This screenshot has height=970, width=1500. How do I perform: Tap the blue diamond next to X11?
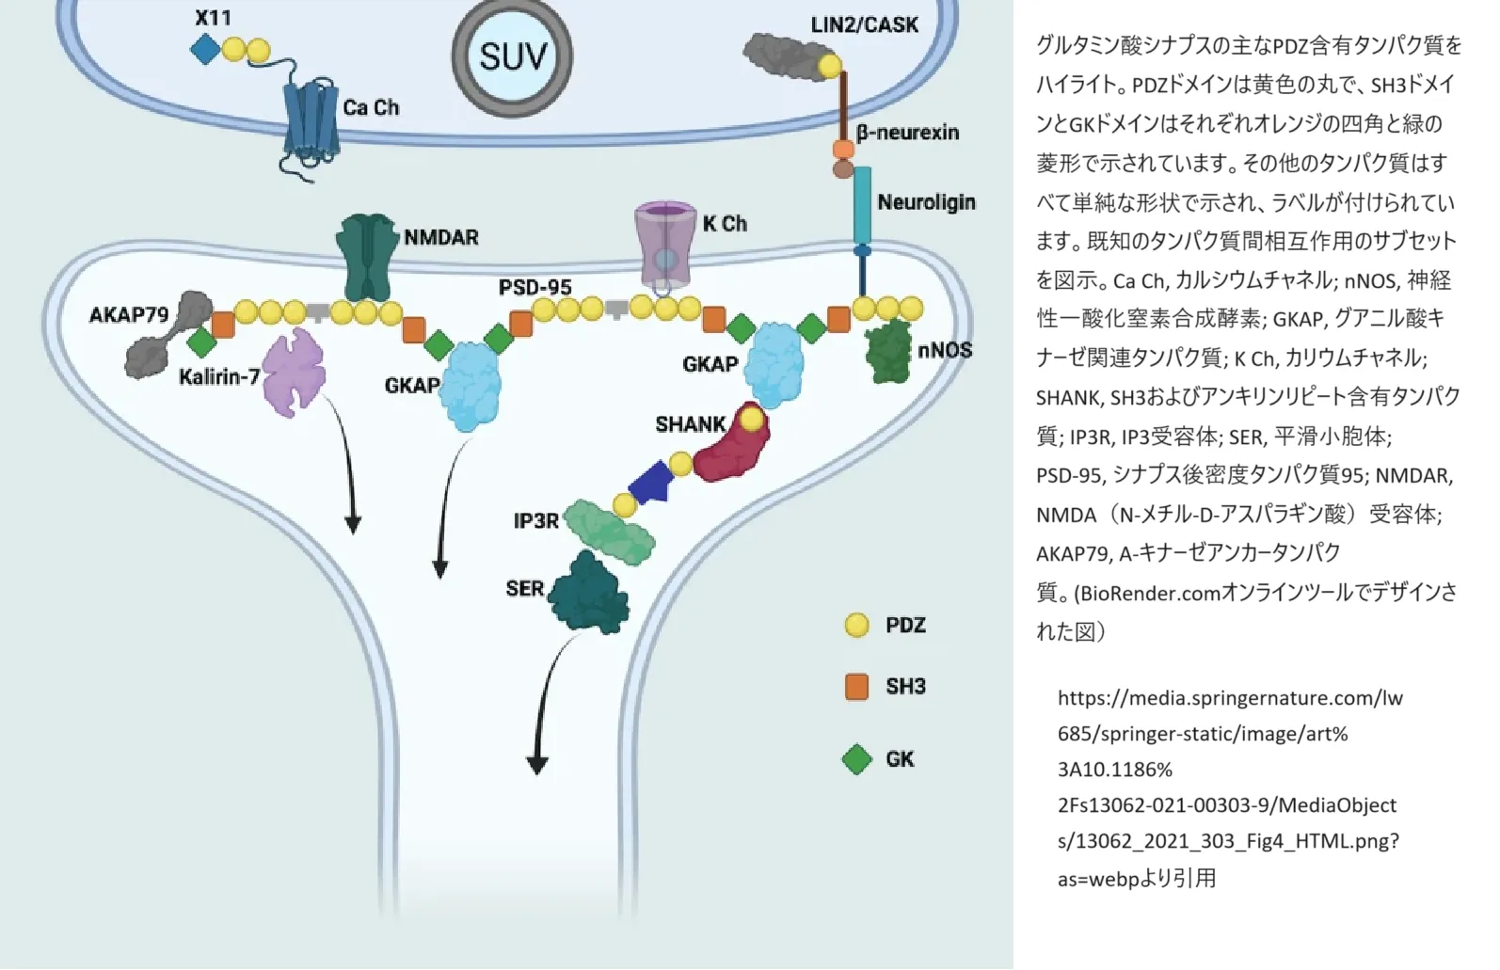[x=205, y=50]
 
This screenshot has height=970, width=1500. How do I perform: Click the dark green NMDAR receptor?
[x=365, y=258]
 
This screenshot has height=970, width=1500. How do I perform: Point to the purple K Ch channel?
[x=665, y=245]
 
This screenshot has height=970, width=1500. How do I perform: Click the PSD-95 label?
[x=535, y=288]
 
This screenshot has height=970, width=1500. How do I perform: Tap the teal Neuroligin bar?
[x=863, y=205]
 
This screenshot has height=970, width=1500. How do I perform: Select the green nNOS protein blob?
[x=890, y=350]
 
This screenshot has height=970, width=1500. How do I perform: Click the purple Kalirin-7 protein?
[x=294, y=373]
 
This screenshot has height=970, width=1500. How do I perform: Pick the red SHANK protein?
[x=732, y=443]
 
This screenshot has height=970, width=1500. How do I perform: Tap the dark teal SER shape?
[x=589, y=593]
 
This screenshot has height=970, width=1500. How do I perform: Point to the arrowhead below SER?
[x=537, y=764]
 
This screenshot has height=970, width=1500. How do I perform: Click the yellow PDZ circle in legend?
[x=856, y=625]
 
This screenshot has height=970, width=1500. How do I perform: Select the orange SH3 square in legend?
[x=856, y=686]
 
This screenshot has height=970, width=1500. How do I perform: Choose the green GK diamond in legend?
[x=856, y=759]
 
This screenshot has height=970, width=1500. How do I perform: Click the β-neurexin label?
[x=907, y=133]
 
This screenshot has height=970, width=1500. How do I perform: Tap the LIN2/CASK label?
[x=865, y=25]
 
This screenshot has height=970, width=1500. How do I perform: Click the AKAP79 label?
[x=129, y=314]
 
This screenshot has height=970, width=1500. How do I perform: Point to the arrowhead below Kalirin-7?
[x=353, y=524]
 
